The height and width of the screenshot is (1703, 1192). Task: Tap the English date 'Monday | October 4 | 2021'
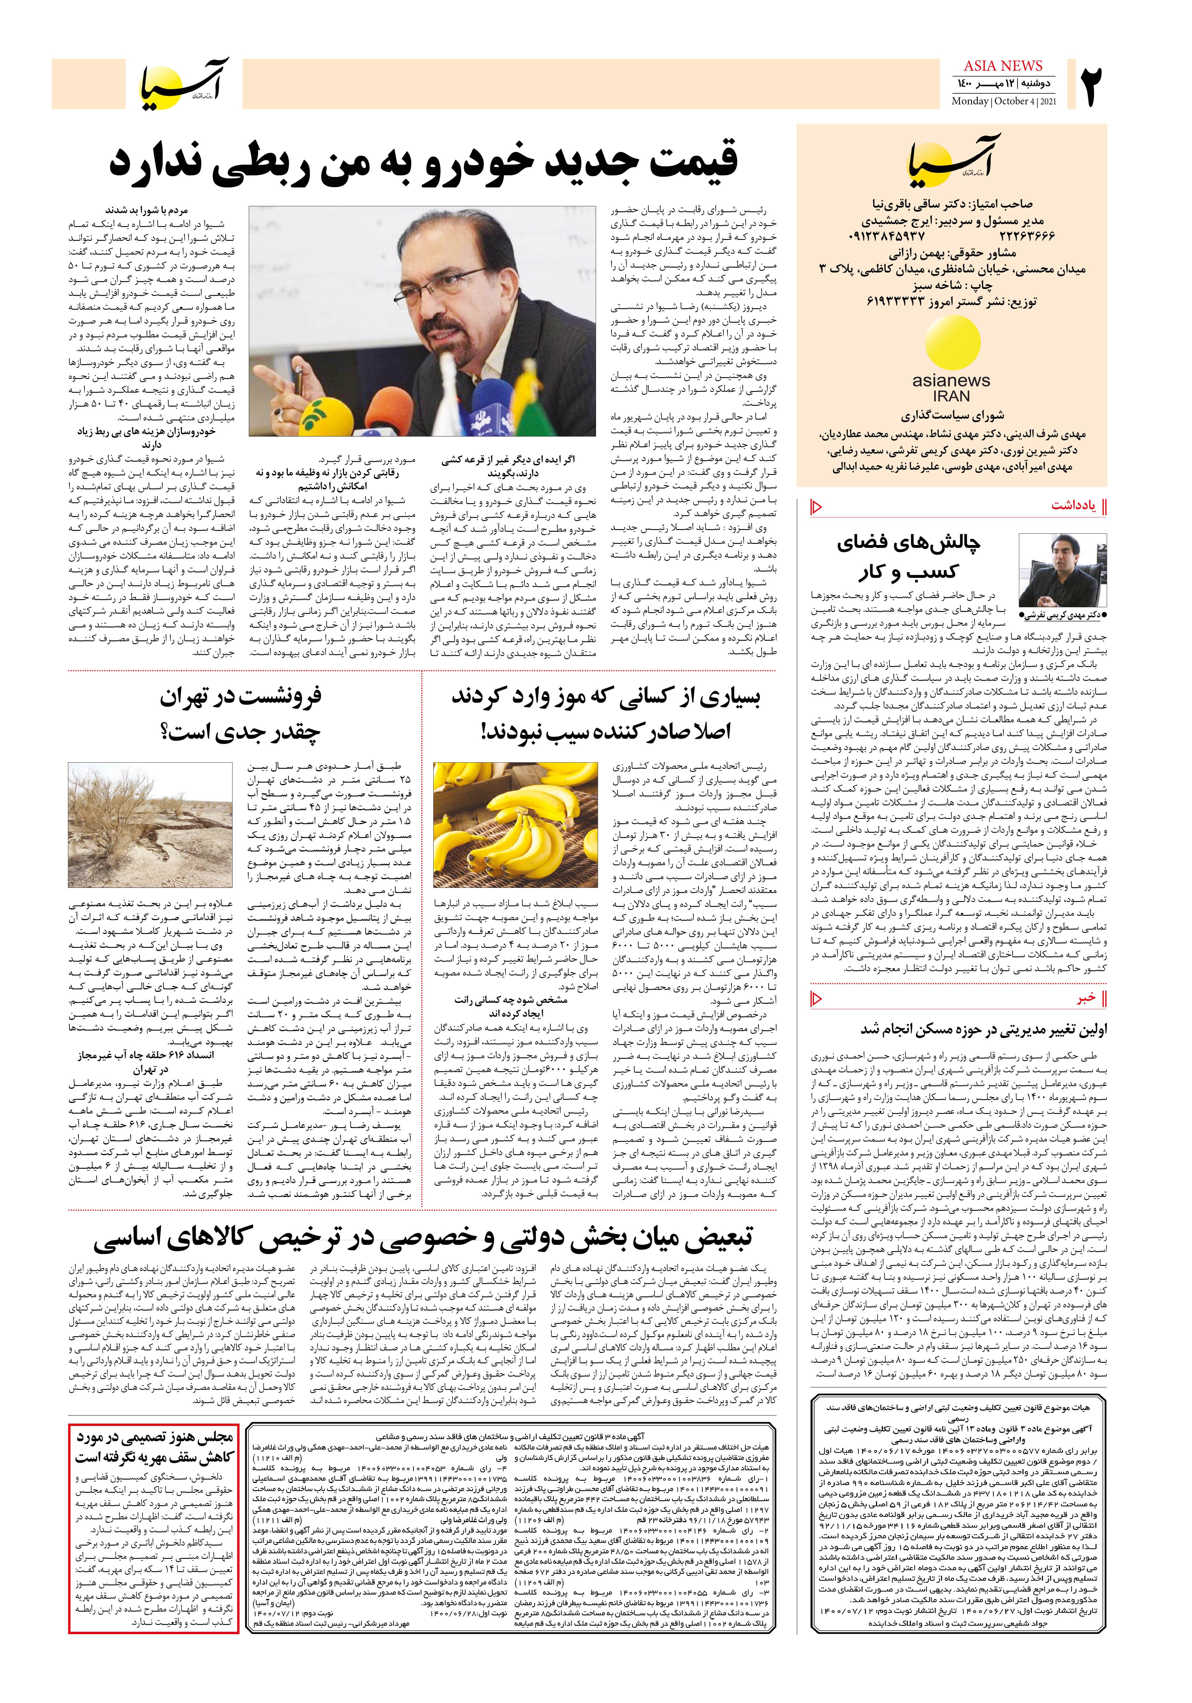coord(1004,101)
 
